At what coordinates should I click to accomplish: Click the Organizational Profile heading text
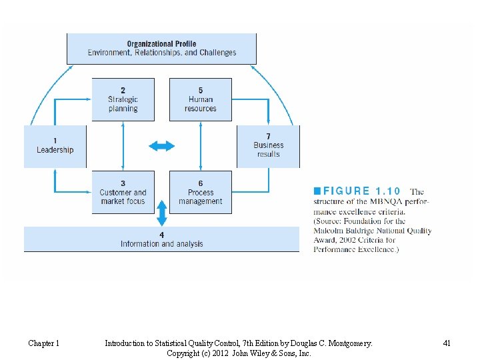(x=161, y=44)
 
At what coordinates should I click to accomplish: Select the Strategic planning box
(x=123, y=99)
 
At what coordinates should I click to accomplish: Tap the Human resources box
(x=201, y=99)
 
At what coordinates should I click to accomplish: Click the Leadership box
(x=55, y=146)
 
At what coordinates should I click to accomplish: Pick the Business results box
(x=268, y=146)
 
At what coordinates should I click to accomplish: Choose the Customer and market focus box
(x=123, y=192)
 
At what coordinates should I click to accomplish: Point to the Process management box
(x=201, y=192)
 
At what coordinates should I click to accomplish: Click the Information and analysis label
(x=161, y=244)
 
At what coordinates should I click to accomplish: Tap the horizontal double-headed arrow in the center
(x=161, y=146)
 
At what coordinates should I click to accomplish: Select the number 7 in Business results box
(x=268, y=137)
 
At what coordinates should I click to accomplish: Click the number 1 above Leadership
(x=55, y=141)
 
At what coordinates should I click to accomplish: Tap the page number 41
(x=447, y=343)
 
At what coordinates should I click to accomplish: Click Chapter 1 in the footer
(x=44, y=343)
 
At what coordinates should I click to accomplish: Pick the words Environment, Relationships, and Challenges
(x=161, y=53)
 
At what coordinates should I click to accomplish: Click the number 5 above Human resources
(x=201, y=90)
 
